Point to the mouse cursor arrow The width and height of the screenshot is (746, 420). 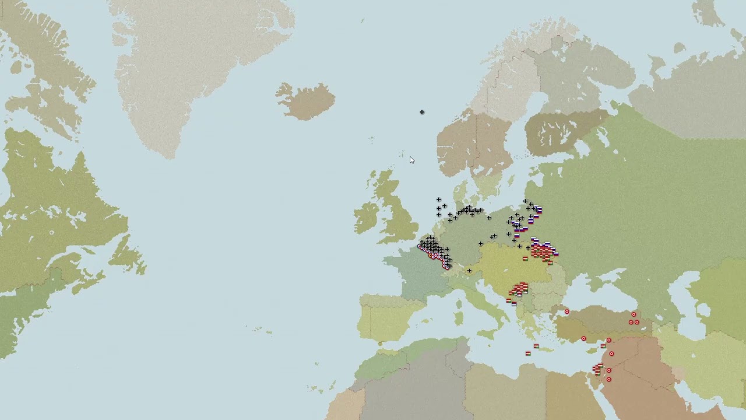[411, 160]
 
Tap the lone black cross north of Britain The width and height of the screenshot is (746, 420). [422, 112]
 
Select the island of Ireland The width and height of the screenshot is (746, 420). [367, 217]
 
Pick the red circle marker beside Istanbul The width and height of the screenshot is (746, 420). [566, 312]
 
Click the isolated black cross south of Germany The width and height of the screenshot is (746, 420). [469, 271]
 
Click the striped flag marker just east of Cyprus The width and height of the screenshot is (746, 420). [603, 346]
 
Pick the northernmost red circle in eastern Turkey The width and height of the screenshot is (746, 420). [634, 315]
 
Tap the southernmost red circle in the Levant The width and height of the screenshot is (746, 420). [609, 380]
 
